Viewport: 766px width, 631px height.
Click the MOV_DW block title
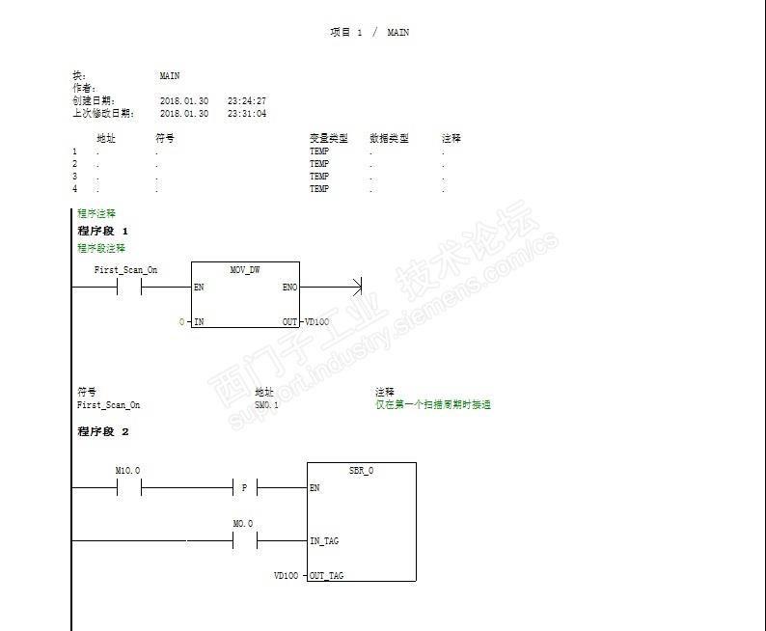pyautogui.click(x=245, y=270)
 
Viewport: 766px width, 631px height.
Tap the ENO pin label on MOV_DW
pyautogui.click(x=289, y=288)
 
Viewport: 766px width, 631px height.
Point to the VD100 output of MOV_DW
pyautogui.click(x=317, y=321)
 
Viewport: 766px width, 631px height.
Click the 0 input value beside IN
pyautogui.click(x=181, y=321)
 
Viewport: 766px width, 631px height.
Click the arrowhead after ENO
pyautogui.click(x=356, y=288)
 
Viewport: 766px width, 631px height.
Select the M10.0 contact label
pyautogui.click(x=127, y=470)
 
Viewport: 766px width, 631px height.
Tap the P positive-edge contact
pyautogui.click(x=244, y=488)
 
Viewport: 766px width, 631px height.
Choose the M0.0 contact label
pyautogui.click(x=243, y=524)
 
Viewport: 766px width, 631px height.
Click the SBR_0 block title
pyautogui.click(x=361, y=471)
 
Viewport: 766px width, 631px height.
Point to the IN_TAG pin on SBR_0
pyautogui.click(x=324, y=541)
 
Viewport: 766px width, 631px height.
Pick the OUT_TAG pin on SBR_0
pyautogui.click(x=326, y=576)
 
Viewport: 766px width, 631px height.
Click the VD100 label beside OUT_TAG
pyautogui.click(x=286, y=576)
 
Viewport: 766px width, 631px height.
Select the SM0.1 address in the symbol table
pyautogui.click(x=266, y=405)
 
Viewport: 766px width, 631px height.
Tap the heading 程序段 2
pyautogui.click(x=102, y=431)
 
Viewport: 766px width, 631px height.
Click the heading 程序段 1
pyautogui.click(x=102, y=232)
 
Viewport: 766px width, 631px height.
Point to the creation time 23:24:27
pyautogui.click(x=247, y=100)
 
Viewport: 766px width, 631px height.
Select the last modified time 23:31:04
pyautogui.click(x=247, y=114)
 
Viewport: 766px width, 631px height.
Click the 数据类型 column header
pyautogui.click(x=389, y=138)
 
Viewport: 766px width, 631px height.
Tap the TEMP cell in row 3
pyautogui.click(x=319, y=177)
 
